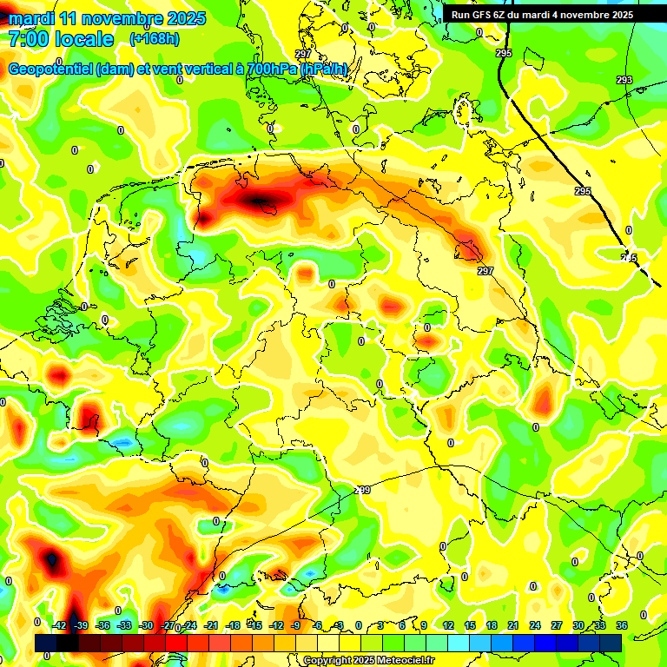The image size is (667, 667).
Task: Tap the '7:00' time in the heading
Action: [x=27, y=39]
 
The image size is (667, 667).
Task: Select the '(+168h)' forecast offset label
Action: [x=155, y=39]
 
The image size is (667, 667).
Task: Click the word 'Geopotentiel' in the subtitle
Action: [x=50, y=69]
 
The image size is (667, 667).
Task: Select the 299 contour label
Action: [x=362, y=490]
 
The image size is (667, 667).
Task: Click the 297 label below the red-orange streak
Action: [x=485, y=271]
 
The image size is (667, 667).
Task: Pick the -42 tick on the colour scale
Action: [x=59, y=625]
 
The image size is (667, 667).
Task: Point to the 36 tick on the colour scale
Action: [x=621, y=625]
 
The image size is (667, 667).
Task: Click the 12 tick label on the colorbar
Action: [x=447, y=625]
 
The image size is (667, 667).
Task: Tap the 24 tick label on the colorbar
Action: [x=534, y=625]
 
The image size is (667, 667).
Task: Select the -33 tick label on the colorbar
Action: [x=124, y=625]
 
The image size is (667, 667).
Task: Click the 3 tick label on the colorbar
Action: [x=380, y=625]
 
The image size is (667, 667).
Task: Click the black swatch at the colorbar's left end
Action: [x=45, y=643]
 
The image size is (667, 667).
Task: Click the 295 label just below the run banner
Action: [x=504, y=53]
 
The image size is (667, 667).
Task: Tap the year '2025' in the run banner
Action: [x=617, y=15]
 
